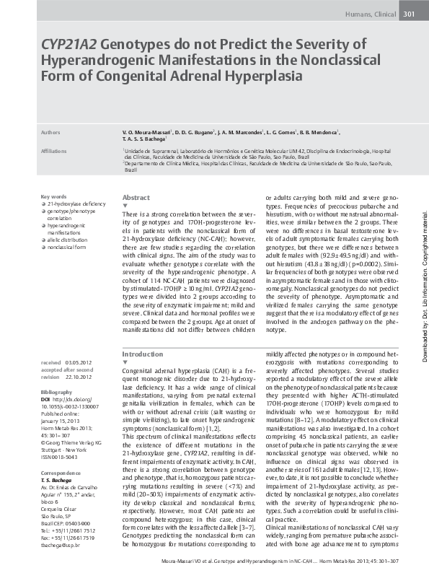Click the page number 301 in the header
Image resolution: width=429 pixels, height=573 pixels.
[408, 14]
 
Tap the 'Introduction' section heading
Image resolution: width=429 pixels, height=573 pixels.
[143, 335]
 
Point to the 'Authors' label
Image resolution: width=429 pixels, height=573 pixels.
[50, 134]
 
